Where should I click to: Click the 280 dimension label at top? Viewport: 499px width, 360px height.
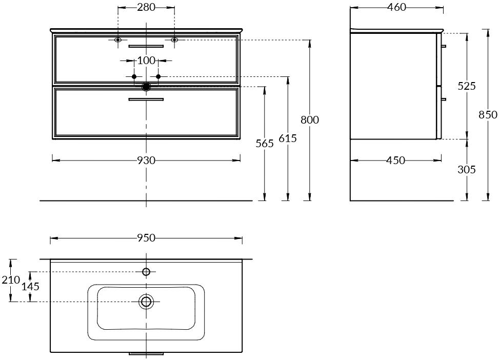(146, 7)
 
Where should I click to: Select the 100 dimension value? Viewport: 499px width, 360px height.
(146, 61)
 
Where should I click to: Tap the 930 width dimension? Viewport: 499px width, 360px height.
(146, 161)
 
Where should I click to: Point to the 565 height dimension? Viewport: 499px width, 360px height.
(265, 143)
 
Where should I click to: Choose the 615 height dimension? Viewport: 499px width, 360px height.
(288, 138)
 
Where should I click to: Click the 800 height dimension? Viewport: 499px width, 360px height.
(310, 119)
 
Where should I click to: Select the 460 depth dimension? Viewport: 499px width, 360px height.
(396, 7)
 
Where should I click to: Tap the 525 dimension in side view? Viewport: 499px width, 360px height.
(467, 86)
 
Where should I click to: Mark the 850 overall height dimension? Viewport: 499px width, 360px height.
(488, 114)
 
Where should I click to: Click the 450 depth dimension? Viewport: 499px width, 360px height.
(395, 161)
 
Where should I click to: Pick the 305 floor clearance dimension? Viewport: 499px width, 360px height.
(467, 169)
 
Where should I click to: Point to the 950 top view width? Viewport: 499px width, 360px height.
(146, 238)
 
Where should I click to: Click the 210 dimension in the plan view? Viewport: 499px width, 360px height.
(11, 280)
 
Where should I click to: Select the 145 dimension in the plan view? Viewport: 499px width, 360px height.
(30, 286)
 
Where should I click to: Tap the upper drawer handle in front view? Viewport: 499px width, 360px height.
(146, 46)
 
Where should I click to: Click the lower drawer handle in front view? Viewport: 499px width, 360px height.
(146, 99)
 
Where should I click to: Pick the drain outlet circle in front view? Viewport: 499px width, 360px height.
(146, 87)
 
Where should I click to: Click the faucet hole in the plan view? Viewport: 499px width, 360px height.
(146, 272)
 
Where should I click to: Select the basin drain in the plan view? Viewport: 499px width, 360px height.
(146, 302)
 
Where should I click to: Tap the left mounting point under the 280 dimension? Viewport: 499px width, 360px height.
(118, 39)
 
